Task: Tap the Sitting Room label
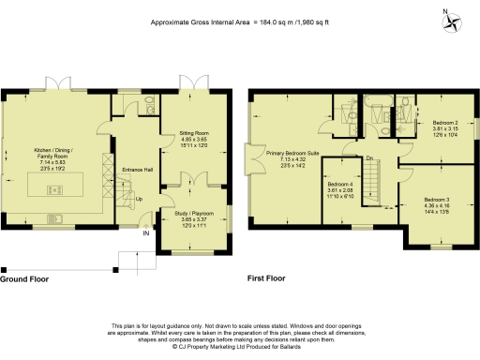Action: pyautogui.click(x=193, y=134)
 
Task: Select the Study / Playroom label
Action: pyautogui.click(x=193, y=214)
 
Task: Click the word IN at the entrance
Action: pyautogui.click(x=144, y=233)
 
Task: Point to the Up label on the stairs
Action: pyautogui.click(x=140, y=199)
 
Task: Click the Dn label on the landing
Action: pyautogui.click(x=369, y=157)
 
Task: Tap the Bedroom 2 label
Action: pyautogui.click(x=445, y=123)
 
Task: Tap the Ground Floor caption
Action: pyautogui.click(x=26, y=279)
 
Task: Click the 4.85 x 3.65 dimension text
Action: pyautogui.click(x=193, y=141)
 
